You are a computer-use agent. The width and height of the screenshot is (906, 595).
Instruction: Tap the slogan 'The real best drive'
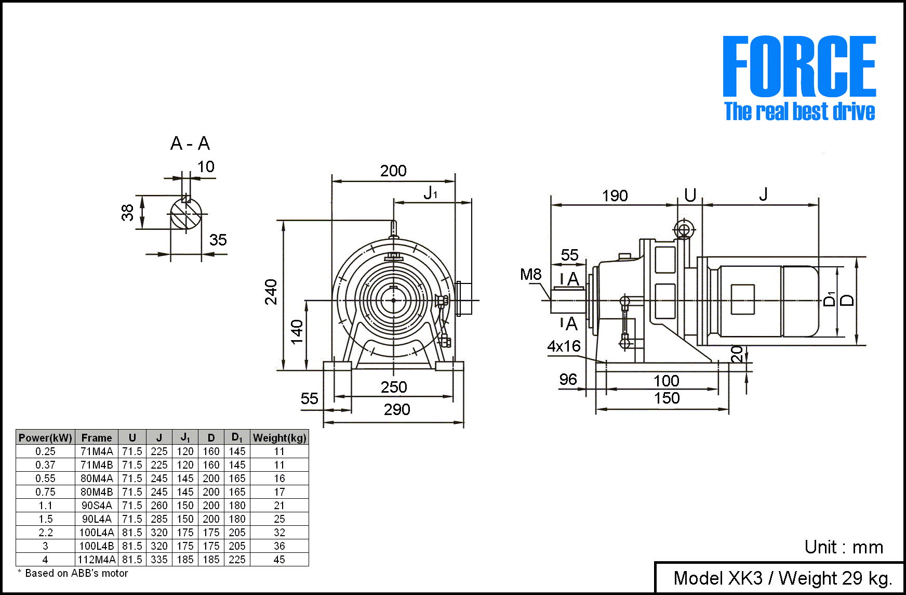tap(799, 112)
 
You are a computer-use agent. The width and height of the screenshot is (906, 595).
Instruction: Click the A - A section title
tap(190, 144)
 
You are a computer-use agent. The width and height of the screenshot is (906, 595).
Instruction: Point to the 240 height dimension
tap(271, 292)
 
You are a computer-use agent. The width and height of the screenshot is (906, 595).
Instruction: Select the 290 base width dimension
tap(397, 410)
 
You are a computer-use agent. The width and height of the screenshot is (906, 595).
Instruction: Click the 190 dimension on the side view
tap(615, 196)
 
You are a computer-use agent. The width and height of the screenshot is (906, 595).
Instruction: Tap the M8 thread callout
tap(530, 275)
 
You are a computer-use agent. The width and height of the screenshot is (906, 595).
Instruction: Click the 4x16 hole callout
tap(564, 346)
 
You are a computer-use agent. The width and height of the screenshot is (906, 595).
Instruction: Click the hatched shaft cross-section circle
tap(185, 214)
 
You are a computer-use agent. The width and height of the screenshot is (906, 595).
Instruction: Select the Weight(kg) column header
tap(279, 438)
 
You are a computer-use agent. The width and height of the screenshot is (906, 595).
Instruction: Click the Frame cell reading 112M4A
tap(97, 560)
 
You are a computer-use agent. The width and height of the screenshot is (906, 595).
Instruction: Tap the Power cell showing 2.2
tap(46, 533)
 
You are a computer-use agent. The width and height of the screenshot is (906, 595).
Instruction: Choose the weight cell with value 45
tap(279, 560)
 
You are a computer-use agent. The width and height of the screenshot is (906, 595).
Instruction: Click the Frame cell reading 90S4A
tap(97, 506)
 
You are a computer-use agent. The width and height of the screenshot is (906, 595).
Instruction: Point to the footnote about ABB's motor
tap(73, 573)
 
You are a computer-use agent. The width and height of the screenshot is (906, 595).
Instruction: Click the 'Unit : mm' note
tap(844, 547)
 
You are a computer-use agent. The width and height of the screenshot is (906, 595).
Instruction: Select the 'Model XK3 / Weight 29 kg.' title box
tap(782, 578)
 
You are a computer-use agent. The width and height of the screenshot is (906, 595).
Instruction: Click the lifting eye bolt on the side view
tap(684, 230)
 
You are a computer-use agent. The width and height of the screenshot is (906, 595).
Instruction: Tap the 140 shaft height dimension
tap(297, 332)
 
